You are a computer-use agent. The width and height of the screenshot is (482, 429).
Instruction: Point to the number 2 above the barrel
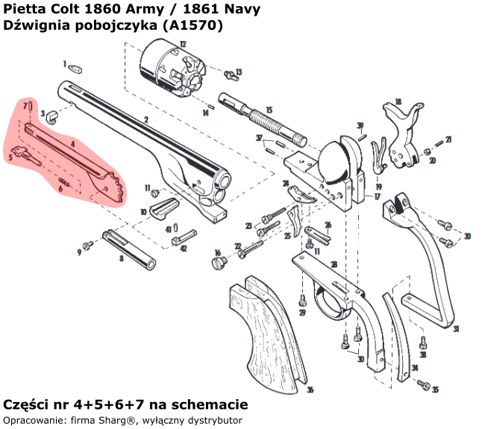[146, 119]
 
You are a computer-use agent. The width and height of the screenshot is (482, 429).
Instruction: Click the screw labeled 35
[425, 386]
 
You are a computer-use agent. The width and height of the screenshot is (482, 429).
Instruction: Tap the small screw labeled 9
[87, 245]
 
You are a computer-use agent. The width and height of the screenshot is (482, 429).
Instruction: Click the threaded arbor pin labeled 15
[264, 119]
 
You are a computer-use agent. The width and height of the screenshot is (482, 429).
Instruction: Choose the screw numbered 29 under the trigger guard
[303, 301]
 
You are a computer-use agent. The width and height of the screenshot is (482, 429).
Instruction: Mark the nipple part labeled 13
[230, 73]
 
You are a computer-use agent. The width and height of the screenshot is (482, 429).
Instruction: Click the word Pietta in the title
[22, 8]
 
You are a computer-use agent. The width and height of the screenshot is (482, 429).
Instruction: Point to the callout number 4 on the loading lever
[73, 143]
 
